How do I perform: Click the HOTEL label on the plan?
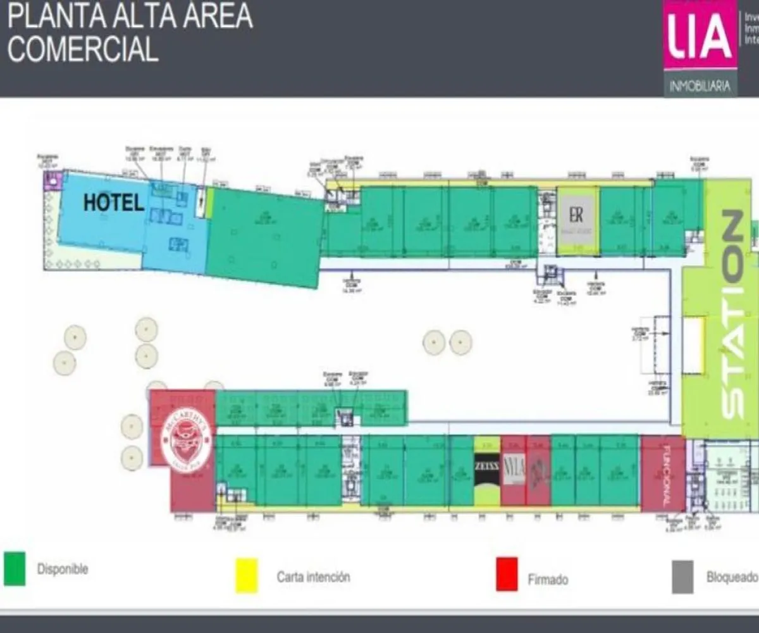pos(114,203)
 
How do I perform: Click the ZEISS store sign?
pos(487,467)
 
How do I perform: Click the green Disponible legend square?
pos(15,568)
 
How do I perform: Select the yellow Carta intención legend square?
pos(247,575)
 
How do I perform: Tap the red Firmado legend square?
pos(507,574)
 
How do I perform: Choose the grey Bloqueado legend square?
pos(682,577)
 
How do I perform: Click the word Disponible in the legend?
pos(63,569)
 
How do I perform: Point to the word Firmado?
pos(548,579)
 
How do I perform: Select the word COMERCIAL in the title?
pos(83,49)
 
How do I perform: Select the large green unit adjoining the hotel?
pos(264,235)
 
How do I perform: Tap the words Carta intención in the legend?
pos(313,577)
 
